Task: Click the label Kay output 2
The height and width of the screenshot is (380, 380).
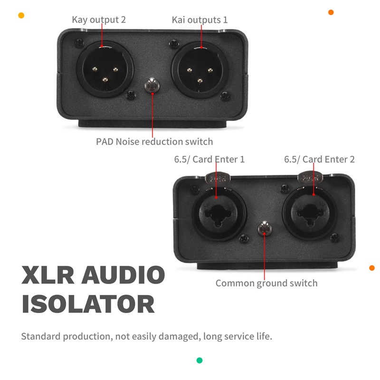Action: pyautogui.click(x=99, y=20)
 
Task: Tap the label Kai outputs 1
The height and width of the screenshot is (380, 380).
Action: pyautogui.click(x=199, y=20)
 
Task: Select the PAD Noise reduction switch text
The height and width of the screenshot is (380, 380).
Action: pyautogui.click(x=154, y=142)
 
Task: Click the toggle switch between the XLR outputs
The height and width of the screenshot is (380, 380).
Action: pyautogui.click(x=152, y=85)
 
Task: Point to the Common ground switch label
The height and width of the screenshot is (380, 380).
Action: pyautogui.click(x=266, y=283)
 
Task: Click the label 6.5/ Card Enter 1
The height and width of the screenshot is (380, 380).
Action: pyautogui.click(x=209, y=160)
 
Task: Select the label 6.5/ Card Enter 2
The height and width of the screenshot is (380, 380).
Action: pyautogui.click(x=319, y=160)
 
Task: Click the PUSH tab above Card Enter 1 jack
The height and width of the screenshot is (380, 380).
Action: pyautogui.click(x=218, y=179)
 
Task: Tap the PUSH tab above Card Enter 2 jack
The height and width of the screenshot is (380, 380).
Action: pyautogui.click(x=310, y=178)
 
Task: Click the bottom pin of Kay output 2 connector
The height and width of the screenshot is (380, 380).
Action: pyautogui.click(x=105, y=80)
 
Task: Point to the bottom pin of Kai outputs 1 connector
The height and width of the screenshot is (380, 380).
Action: pyautogui.click(x=200, y=81)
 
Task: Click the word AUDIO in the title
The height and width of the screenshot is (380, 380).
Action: pyautogui.click(x=123, y=275)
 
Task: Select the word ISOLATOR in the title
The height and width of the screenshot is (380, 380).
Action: pyautogui.click(x=88, y=304)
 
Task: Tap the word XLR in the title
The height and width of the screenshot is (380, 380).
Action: pyautogui.click(x=48, y=275)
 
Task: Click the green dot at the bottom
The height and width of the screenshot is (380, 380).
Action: pyautogui.click(x=199, y=361)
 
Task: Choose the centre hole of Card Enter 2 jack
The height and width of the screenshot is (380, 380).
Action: pyautogui.click(x=311, y=213)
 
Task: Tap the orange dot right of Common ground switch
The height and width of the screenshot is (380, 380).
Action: pyautogui.click(x=372, y=268)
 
